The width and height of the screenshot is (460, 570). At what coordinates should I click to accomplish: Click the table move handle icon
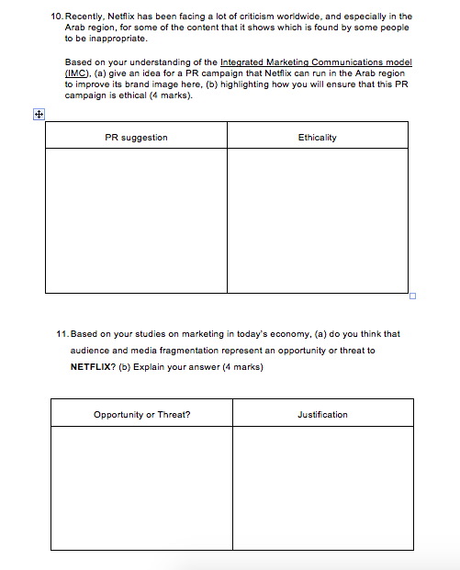tap(38, 115)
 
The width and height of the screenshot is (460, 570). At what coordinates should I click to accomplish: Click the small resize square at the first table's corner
tap(412, 296)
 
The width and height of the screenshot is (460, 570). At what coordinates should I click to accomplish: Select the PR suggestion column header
tap(136, 138)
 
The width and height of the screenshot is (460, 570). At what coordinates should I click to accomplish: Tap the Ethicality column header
tap(317, 138)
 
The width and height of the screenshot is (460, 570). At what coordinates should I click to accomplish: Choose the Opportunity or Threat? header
tap(142, 415)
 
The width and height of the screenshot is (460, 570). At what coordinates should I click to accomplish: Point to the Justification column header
tap(322, 415)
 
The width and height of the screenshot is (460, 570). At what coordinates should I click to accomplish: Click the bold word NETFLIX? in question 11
tap(93, 366)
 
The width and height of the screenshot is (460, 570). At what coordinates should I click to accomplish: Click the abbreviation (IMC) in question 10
tap(77, 72)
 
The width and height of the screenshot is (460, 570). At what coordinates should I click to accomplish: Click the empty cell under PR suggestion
tap(136, 220)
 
